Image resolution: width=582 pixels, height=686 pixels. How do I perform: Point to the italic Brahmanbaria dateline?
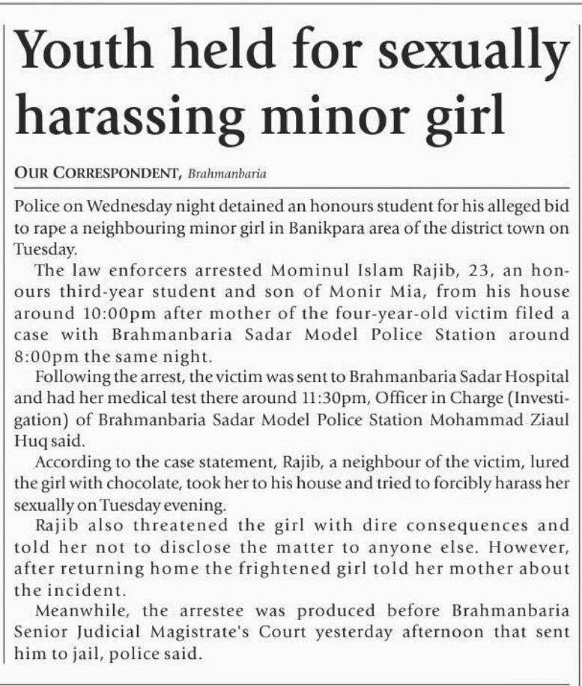(x=227, y=174)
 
